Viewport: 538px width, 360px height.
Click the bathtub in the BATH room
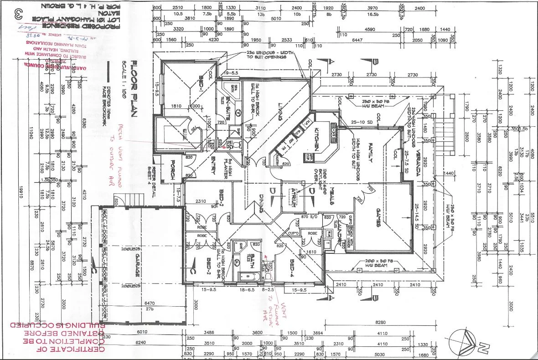pyautogui.click(x=248, y=276)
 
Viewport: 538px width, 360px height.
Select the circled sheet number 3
pyautogui.click(x=19, y=12)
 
